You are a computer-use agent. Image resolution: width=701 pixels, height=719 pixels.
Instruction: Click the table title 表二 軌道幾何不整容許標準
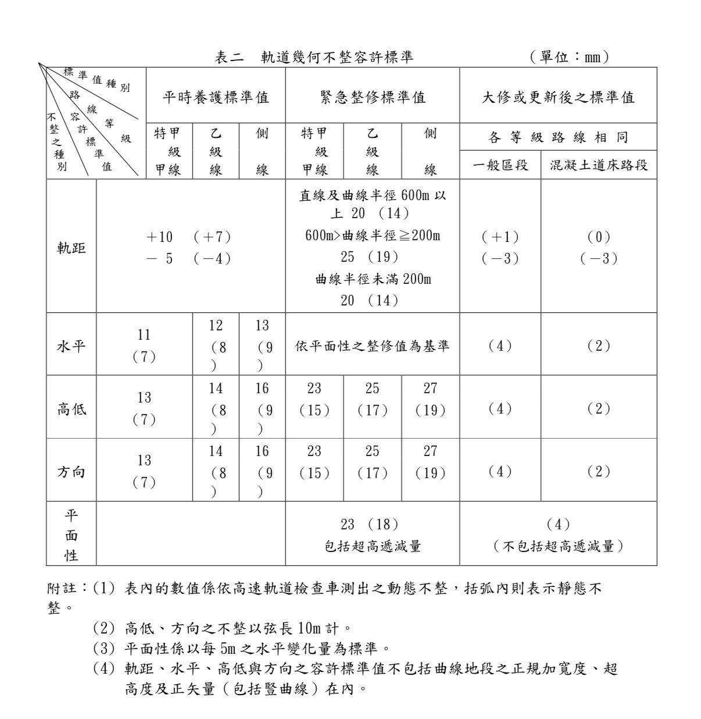[314, 57]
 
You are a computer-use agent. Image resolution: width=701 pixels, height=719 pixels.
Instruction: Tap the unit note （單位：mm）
[568, 57]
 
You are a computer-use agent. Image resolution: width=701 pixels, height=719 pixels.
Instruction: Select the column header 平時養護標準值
[216, 97]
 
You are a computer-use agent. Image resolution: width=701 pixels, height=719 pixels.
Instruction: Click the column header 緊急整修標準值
[373, 97]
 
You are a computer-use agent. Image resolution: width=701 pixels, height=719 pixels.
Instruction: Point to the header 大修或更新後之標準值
[558, 97]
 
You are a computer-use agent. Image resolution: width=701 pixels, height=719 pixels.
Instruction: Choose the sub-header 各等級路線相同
[558, 138]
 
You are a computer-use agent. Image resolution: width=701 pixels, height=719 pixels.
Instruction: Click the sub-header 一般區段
[500, 165]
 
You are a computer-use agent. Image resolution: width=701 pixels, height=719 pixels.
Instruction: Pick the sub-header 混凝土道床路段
[599, 165]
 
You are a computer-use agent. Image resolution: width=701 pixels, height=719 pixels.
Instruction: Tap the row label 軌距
[71, 248]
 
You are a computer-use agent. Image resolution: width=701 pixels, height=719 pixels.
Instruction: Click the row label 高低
[71, 409]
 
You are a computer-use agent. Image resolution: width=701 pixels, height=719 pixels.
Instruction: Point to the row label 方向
[71, 472]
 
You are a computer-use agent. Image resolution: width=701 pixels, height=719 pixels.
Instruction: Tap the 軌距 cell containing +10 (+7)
[190, 247]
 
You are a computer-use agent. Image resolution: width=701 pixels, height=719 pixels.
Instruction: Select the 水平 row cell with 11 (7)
[144, 346]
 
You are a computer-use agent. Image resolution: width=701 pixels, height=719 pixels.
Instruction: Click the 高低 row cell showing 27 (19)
[430, 399]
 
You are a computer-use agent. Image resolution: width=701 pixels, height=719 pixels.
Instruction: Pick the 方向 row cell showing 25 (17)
[373, 462]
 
